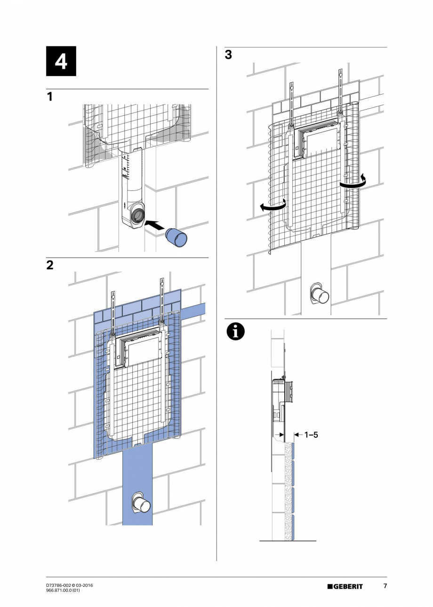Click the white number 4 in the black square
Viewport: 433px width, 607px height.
(61, 62)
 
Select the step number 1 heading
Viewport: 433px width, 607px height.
(49, 97)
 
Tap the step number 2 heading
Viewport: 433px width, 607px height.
(50, 266)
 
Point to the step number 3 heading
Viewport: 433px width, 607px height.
(228, 55)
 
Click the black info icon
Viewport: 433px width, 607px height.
(235, 331)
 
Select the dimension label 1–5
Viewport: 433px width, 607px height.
(311, 435)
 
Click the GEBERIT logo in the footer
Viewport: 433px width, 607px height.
(345, 586)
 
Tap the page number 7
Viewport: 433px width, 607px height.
(385, 586)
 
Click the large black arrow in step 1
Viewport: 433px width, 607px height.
(156, 225)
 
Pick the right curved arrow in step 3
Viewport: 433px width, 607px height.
(353, 183)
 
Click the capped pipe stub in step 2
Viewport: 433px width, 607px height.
(141, 504)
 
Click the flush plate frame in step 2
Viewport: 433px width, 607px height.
(141, 350)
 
